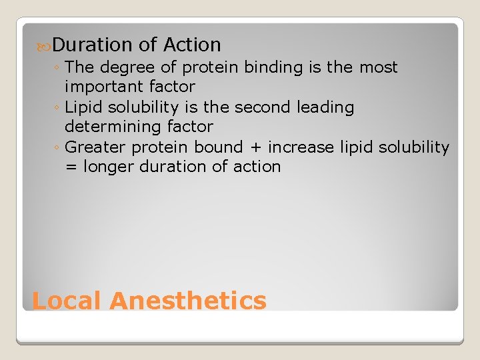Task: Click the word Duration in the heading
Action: coord(93,45)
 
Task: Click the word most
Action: coord(378,67)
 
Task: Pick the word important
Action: coord(106,87)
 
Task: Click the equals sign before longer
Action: coord(71,167)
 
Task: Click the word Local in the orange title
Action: coord(67,301)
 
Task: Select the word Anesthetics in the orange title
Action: coord(188,301)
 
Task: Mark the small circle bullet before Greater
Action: coord(59,148)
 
